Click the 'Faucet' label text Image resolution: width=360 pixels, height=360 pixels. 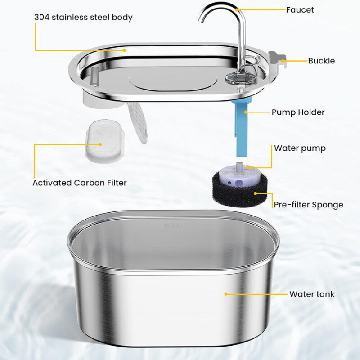pos(300,10)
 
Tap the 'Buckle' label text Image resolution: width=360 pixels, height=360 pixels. pos(321,61)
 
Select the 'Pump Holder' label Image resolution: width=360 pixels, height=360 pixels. pos(298,112)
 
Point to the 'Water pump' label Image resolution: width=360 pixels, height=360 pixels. pos(300,148)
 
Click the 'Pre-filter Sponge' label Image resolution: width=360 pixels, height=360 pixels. pos(309,205)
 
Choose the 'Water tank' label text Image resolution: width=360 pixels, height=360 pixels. pos(312,294)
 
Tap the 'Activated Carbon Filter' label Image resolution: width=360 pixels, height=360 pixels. pos(80,183)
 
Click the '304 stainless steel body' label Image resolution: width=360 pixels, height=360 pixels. pos(83,17)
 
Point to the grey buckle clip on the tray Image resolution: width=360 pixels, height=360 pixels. pos(278,59)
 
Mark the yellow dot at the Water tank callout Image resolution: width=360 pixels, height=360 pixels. pos(226,294)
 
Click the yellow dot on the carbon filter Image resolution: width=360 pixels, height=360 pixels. pos(100,144)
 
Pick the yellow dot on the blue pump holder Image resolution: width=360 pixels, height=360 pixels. pos(245,112)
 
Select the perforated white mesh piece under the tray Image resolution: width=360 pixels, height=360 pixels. pos(138,122)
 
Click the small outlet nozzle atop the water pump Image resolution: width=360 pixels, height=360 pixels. pos(240,166)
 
